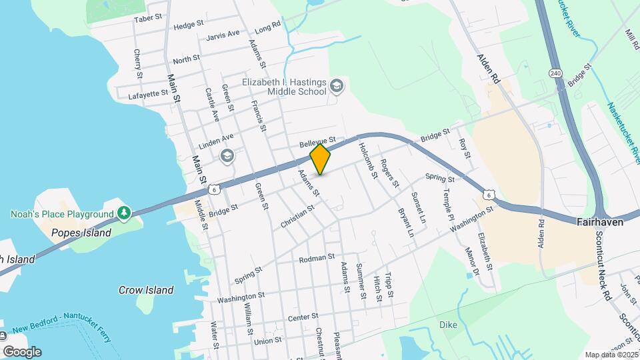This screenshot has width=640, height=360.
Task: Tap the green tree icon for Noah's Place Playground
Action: [123, 213]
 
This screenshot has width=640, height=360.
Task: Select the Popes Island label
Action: [80, 233]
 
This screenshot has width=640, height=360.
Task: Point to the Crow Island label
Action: [146, 290]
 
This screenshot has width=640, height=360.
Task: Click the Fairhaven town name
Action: [600, 222]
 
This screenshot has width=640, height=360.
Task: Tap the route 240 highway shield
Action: [555, 72]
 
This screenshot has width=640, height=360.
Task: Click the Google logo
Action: [21, 352]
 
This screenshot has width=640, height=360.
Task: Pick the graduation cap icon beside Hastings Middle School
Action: [337, 85]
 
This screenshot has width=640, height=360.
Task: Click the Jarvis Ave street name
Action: [223, 34]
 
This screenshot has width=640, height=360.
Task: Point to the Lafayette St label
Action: [148, 95]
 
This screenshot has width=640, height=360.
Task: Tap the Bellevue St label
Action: [316, 143]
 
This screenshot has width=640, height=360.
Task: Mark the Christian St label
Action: [297, 218]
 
